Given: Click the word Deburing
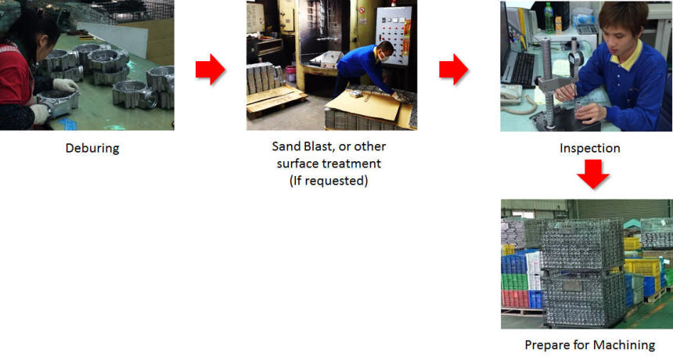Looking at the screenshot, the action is [x=92, y=149].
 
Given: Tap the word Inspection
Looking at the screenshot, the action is [x=590, y=148].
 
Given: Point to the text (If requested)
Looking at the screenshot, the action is [x=329, y=181].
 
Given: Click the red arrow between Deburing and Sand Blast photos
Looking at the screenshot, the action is [x=210, y=69].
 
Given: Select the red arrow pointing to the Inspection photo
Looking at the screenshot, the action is [x=453, y=69].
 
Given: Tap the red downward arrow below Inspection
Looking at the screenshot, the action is [x=592, y=175].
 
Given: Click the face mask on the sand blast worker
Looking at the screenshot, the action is [x=383, y=56].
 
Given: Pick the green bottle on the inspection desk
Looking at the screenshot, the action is [x=549, y=18].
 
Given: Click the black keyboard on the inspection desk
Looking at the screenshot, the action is [x=522, y=69].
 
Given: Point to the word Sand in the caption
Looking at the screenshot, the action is [x=286, y=146].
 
